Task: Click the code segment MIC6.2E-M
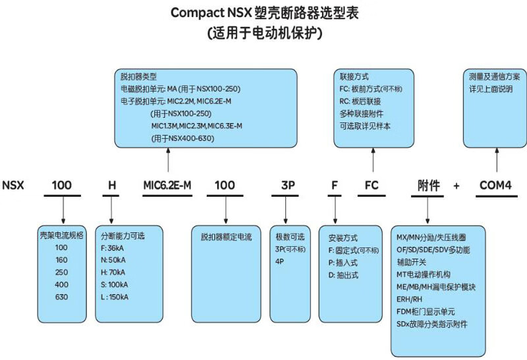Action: click(x=167, y=185)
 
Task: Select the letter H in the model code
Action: click(x=112, y=185)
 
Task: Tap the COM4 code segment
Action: click(x=495, y=185)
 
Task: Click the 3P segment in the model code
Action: click(x=288, y=185)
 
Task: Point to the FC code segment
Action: click(x=372, y=185)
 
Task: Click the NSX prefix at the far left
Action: click(x=13, y=185)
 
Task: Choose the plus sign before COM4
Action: click(x=456, y=186)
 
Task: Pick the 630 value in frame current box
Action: click(x=61, y=297)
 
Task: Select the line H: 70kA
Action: click(x=113, y=272)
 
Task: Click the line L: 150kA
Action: click(x=115, y=297)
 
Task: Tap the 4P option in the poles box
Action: click(x=279, y=261)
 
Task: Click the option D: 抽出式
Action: click(x=343, y=275)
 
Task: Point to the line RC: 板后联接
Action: click(x=360, y=101)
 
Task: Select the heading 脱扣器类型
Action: click(x=138, y=76)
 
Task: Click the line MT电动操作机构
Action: click(x=424, y=274)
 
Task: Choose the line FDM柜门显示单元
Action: click(x=426, y=312)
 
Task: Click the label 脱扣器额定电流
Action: click(x=226, y=237)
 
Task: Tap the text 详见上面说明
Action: click(x=491, y=89)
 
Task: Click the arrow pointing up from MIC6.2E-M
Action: click(x=168, y=160)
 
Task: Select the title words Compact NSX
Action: click(x=211, y=13)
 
